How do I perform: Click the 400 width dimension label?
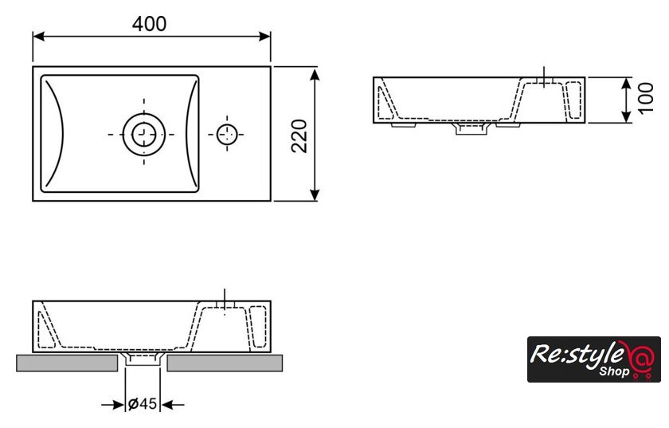(150, 24)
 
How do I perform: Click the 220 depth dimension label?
(299, 135)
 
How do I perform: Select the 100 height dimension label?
(646, 98)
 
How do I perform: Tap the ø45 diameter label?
(143, 403)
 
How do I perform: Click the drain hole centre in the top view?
(144, 134)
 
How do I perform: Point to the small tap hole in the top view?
(226, 134)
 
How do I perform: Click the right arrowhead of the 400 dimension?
(264, 37)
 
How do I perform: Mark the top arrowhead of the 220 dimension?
(315, 75)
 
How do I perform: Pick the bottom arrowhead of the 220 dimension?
(315, 194)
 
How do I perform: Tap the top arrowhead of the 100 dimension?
(626, 84)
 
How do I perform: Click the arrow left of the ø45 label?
(112, 404)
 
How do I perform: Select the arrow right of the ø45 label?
(173, 404)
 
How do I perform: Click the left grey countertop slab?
(67, 363)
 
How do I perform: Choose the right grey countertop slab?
(225, 363)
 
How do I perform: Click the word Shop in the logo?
(614, 371)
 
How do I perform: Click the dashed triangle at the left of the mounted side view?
(45, 330)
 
